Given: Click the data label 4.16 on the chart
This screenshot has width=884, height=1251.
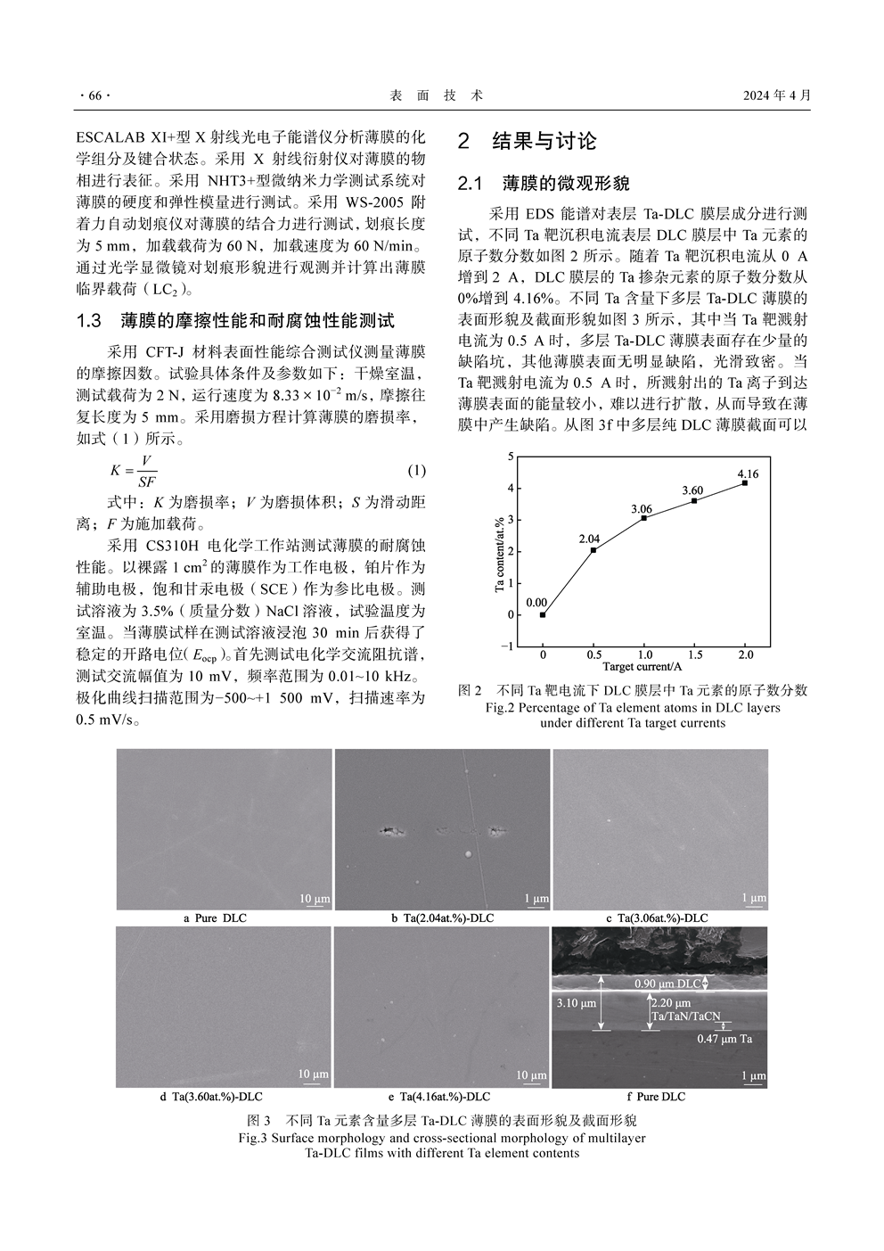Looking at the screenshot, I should tap(748, 473).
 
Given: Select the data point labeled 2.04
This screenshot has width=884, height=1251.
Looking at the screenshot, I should tap(593, 550).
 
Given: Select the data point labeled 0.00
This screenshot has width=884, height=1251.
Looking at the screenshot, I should tap(543, 614).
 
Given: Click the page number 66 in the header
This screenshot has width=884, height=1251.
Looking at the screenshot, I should tap(92, 96).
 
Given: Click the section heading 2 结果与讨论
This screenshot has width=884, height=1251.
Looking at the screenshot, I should tap(528, 141).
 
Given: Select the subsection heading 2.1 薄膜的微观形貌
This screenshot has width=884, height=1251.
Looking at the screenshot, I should tap(544, 184).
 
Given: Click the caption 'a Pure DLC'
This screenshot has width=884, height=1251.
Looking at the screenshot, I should tap(215, 918).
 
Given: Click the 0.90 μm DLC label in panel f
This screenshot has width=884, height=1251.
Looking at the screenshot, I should tap(667, 984).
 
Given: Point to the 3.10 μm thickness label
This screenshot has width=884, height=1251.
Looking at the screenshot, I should tap(576, 1003).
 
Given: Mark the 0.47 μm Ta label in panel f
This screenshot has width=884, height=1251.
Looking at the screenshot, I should tap(724, 1039).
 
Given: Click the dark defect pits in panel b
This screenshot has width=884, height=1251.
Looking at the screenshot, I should tap(390, 832).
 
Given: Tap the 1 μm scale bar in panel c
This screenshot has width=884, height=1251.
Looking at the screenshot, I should tap(754, 899).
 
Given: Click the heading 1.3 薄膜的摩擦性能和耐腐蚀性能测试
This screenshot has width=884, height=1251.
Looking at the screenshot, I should tap(236, 321).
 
